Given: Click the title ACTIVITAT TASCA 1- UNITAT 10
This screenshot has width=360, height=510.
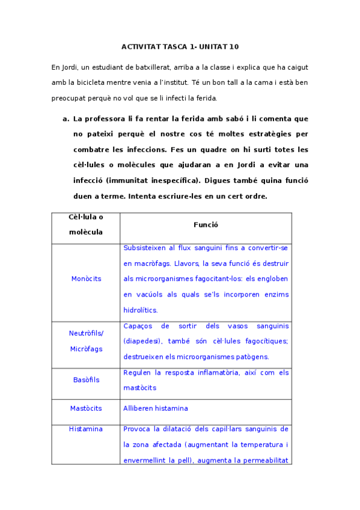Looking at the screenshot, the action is (180, 46).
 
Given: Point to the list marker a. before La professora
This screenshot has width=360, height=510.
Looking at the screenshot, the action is (66, 118).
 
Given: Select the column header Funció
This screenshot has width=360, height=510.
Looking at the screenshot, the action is (206, 224).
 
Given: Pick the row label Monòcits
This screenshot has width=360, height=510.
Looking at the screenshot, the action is (86, 278).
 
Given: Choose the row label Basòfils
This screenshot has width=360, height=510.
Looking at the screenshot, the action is (86, 379).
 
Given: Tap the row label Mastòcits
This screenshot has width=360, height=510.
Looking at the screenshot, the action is (86, 408).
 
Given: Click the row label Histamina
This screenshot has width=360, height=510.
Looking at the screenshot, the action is (86, 429).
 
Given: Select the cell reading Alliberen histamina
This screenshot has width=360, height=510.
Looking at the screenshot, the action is (156, 408).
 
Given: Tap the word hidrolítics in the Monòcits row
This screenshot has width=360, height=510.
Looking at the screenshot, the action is (141, 310).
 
